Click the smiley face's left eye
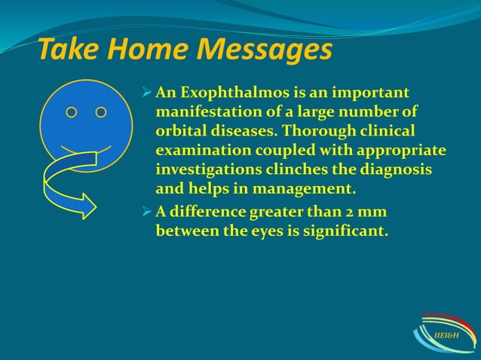(71, 112)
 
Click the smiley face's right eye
(101, 112)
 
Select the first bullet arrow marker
(147, 93)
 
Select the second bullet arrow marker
(147, 213)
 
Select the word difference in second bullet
(207, 213)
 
